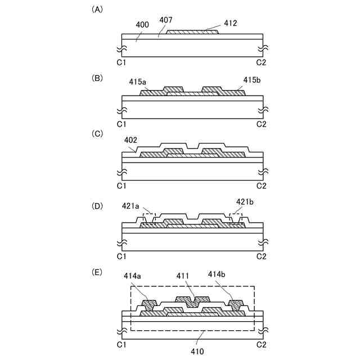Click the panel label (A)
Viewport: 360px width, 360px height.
coord(96,10)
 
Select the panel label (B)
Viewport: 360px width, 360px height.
coord(96,78)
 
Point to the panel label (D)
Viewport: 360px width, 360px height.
coord(96,206)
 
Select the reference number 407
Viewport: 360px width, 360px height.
coord(166,20)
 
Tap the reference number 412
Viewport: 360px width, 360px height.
coord(230,24)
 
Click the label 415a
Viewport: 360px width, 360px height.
coord(137,82)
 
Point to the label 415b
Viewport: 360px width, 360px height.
coord(253,80)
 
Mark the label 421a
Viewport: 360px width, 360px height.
coord(130,206)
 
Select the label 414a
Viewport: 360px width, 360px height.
coord(133,276)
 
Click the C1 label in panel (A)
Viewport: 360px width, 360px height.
coord(121,61)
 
